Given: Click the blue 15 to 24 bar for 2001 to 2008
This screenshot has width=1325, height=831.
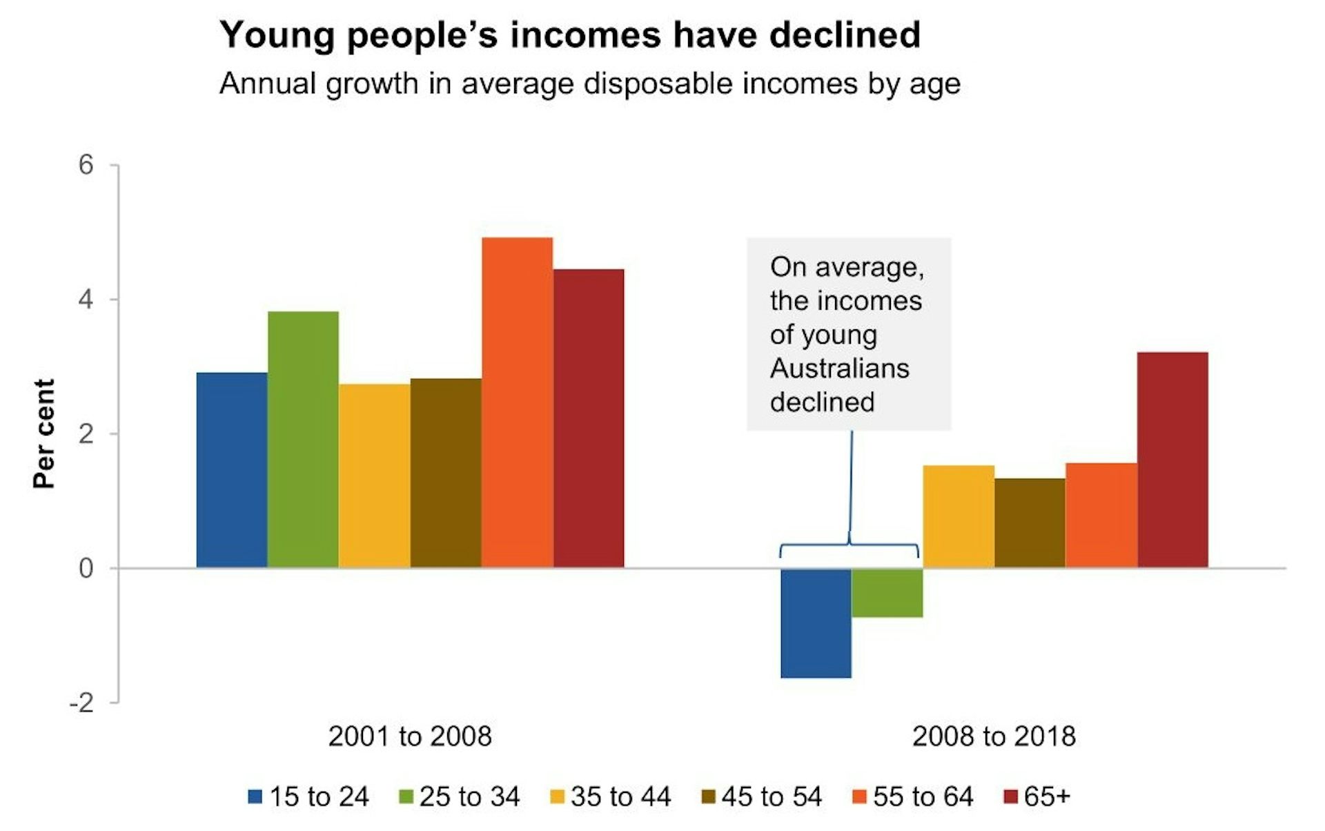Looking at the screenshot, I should click(x=232, y=470).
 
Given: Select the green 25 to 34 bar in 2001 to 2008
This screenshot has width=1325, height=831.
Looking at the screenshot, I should click(x=303, y=440).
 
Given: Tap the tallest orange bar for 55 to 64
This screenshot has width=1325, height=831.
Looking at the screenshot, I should click(x=517, y=402).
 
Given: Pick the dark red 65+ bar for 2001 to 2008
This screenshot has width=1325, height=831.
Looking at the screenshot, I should click(x=589, y=418).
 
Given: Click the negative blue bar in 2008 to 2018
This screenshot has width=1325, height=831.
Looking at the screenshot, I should click(x=816, y=623).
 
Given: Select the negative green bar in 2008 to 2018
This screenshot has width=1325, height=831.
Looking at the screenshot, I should click(x=887, y=592).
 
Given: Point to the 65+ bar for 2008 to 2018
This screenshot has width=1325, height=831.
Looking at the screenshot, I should click(x=1172, y=460).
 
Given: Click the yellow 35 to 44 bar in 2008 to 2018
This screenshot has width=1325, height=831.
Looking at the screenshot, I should click(x=959, y=516).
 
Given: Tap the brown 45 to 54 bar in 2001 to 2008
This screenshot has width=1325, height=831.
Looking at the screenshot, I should click(x=446, y=473).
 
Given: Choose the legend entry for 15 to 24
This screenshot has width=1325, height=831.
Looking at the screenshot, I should click(x=309, y=797).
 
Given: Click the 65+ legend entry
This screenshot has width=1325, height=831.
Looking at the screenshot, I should click(x=1037, y=797).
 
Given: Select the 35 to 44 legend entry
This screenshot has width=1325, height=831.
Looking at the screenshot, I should click(x=611, y=797).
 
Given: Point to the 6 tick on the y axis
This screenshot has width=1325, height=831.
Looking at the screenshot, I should click(x=86, y=165).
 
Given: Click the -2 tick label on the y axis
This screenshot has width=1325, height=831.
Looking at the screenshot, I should click(x=81, y=703).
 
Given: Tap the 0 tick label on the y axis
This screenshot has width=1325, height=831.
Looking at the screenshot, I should click(x=86, y=569).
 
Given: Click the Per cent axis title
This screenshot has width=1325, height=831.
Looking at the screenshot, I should click(x=43, y=433).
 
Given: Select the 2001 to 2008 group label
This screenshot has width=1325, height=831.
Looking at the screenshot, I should click(x=410, y=736).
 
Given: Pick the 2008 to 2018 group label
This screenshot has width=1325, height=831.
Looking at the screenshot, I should click(x=994, y=736).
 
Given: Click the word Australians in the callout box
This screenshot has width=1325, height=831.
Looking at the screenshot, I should click(x=839, y=368).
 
